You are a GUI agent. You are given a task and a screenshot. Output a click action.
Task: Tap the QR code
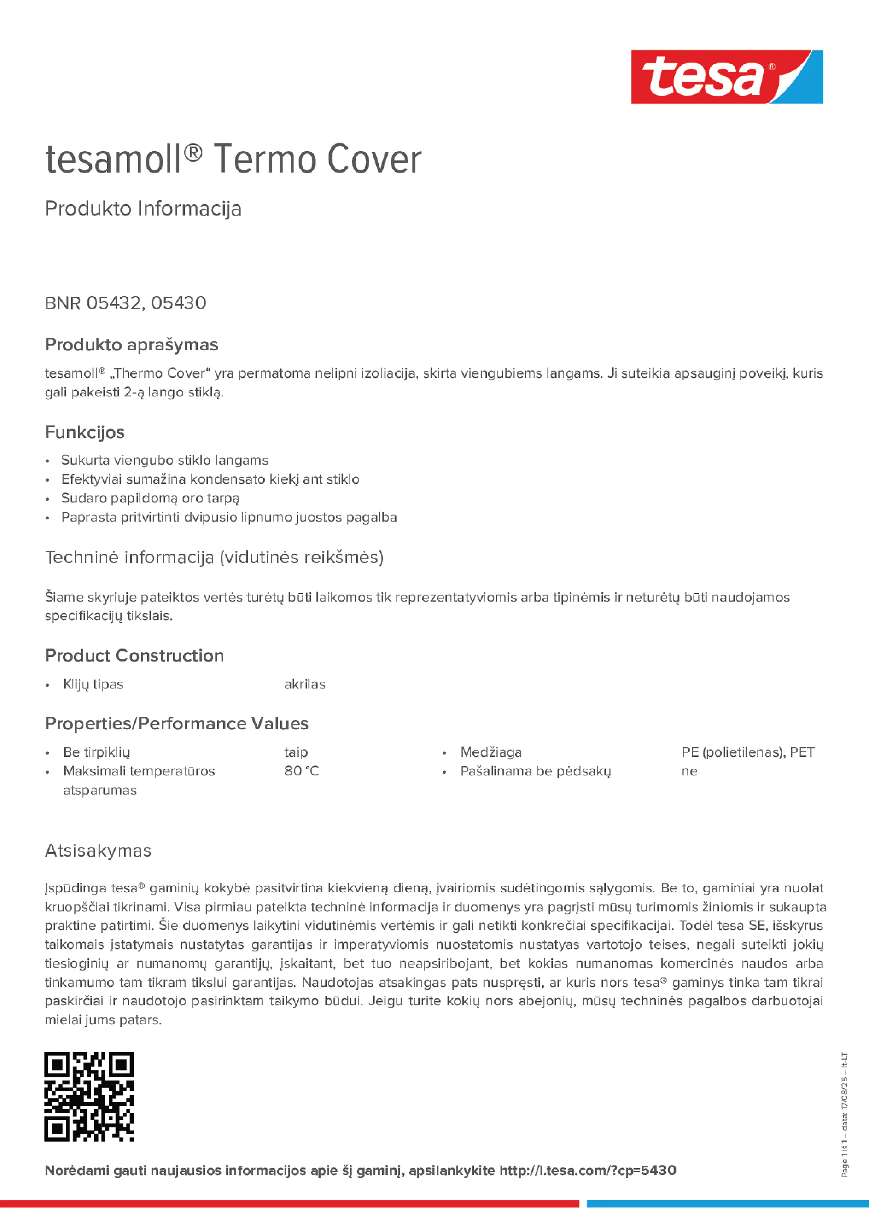tap(89, 1096)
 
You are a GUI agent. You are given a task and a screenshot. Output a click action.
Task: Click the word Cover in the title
tap(374, 160)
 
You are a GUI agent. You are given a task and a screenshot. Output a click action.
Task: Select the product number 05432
tap(113, 303)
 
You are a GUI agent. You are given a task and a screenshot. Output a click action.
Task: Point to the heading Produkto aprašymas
tap(131, 344)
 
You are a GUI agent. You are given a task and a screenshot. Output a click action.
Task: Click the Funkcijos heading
tap(85, 432)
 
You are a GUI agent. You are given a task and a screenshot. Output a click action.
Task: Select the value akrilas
tap(305, 684)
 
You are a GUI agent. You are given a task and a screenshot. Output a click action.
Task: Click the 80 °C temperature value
tap(302, 771)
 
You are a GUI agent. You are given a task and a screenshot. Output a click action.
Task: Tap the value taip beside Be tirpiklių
tap(296, 752)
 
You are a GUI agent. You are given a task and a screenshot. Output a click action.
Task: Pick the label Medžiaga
tap(491, 752)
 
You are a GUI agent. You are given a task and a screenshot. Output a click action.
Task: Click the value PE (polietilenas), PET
tap(747, 752)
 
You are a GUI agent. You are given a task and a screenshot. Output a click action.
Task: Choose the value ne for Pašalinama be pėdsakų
tap(689, 771)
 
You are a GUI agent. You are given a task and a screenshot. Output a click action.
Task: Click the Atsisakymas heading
tap(98, 851)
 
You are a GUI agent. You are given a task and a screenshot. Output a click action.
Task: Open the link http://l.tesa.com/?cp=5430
tap(588, 1171)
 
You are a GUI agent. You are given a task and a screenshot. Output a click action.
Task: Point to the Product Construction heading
tap(134, 656)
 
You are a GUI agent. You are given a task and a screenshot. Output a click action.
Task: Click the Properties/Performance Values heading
tap(177, 724)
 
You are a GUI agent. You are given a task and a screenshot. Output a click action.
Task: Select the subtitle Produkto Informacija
tap(143, 209)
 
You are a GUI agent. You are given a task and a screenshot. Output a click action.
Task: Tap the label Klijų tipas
tap(93, 684)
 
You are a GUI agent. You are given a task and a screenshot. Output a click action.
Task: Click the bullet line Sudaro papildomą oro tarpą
tap(150, 498)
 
